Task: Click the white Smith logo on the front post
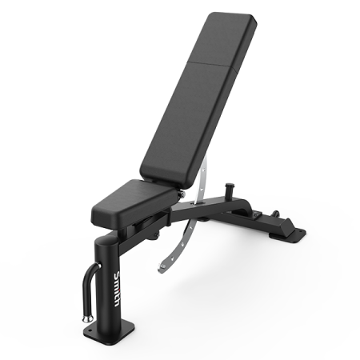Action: [x=118, y=289]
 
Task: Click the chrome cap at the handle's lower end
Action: [x=87, y=318]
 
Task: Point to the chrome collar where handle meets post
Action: [x=98, y=266]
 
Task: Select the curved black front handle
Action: [x=87, y=290]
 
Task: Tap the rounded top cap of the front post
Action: [x=106, y=241]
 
